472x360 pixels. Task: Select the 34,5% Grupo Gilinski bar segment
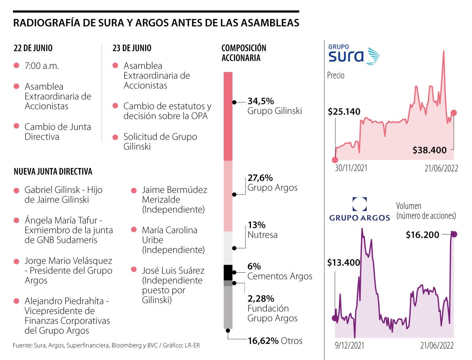coord(228,116)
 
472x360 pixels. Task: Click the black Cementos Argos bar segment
coord(228,272)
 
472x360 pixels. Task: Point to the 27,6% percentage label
coord(260,178)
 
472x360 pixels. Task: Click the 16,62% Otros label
coord(275,340)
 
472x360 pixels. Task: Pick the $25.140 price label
coord(344,112)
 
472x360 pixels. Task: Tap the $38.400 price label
coord(430,150)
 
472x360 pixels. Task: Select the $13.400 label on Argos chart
coord(343,262)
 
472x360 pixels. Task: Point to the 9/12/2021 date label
coord(349,345)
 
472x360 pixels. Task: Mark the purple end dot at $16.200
coord(454,234)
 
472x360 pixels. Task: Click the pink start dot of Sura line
coord(335,160)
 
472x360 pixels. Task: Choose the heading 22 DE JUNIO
coord(33,48)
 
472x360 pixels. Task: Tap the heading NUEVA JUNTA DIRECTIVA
coord(53,172)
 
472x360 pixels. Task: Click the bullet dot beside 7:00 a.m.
coord(17,66)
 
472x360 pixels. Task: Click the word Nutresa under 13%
coord(262,235)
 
